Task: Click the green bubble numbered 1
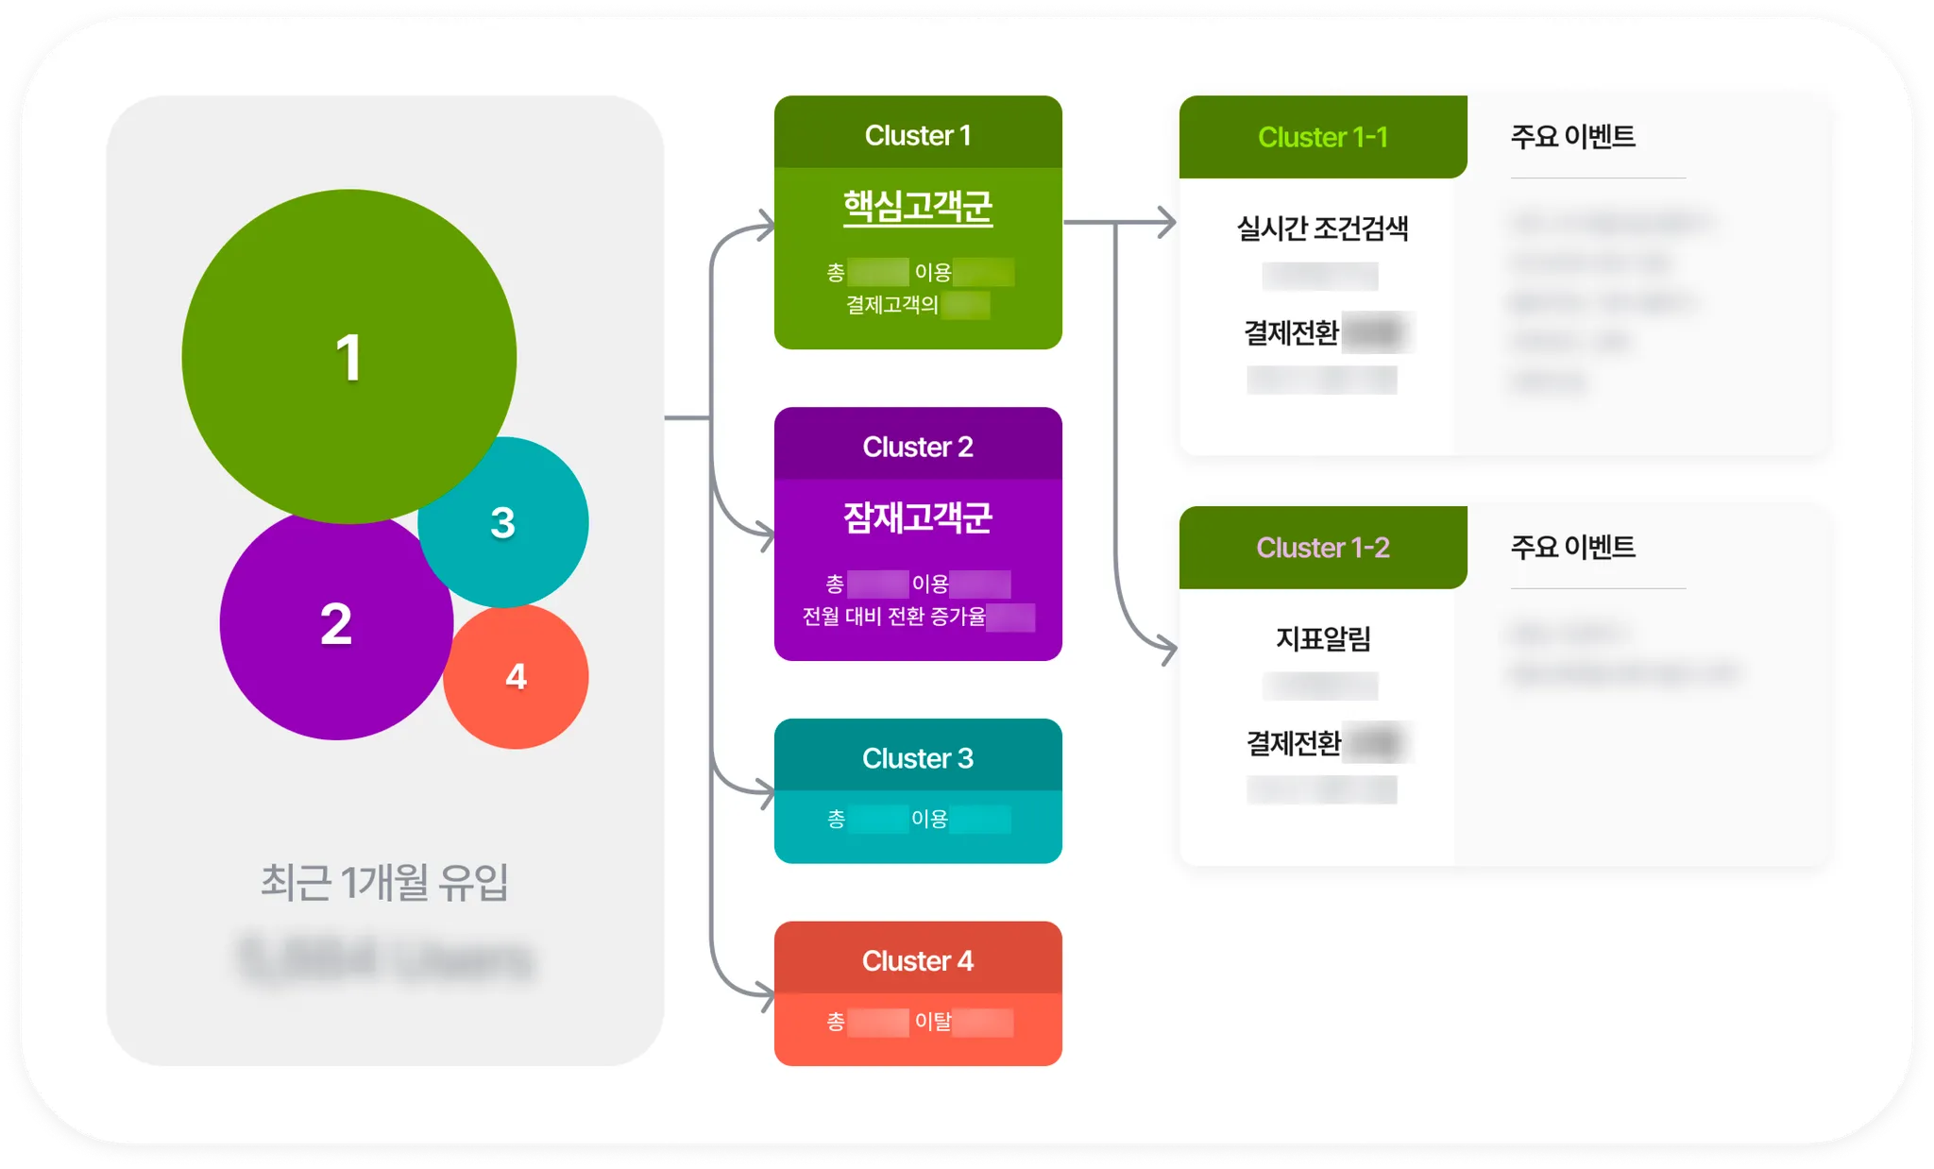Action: (348, 356)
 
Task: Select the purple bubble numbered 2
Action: (335, 624)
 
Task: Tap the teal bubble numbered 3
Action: (503, 522)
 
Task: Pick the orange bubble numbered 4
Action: (516, 676)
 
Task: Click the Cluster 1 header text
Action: (917, 135)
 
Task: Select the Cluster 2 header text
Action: (917, 447)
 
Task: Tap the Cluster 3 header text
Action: (917, 758)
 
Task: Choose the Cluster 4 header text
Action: (917, 960)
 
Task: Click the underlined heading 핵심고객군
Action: (917, 207)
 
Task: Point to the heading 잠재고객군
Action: (917, 517)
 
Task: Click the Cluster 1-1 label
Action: (1322, 137)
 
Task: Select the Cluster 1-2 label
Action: (1322, 548)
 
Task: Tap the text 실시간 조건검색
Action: (1322, 228)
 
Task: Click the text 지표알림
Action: (1322, 638)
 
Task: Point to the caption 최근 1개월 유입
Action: (384, 882)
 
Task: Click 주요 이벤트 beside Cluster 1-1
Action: (1572, 136)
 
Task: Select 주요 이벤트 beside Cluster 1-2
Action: (1572, 547)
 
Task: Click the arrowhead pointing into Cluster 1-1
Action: (1169, 223)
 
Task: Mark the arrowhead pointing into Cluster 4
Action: (766, 994)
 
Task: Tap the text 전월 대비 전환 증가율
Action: (893, 617)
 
